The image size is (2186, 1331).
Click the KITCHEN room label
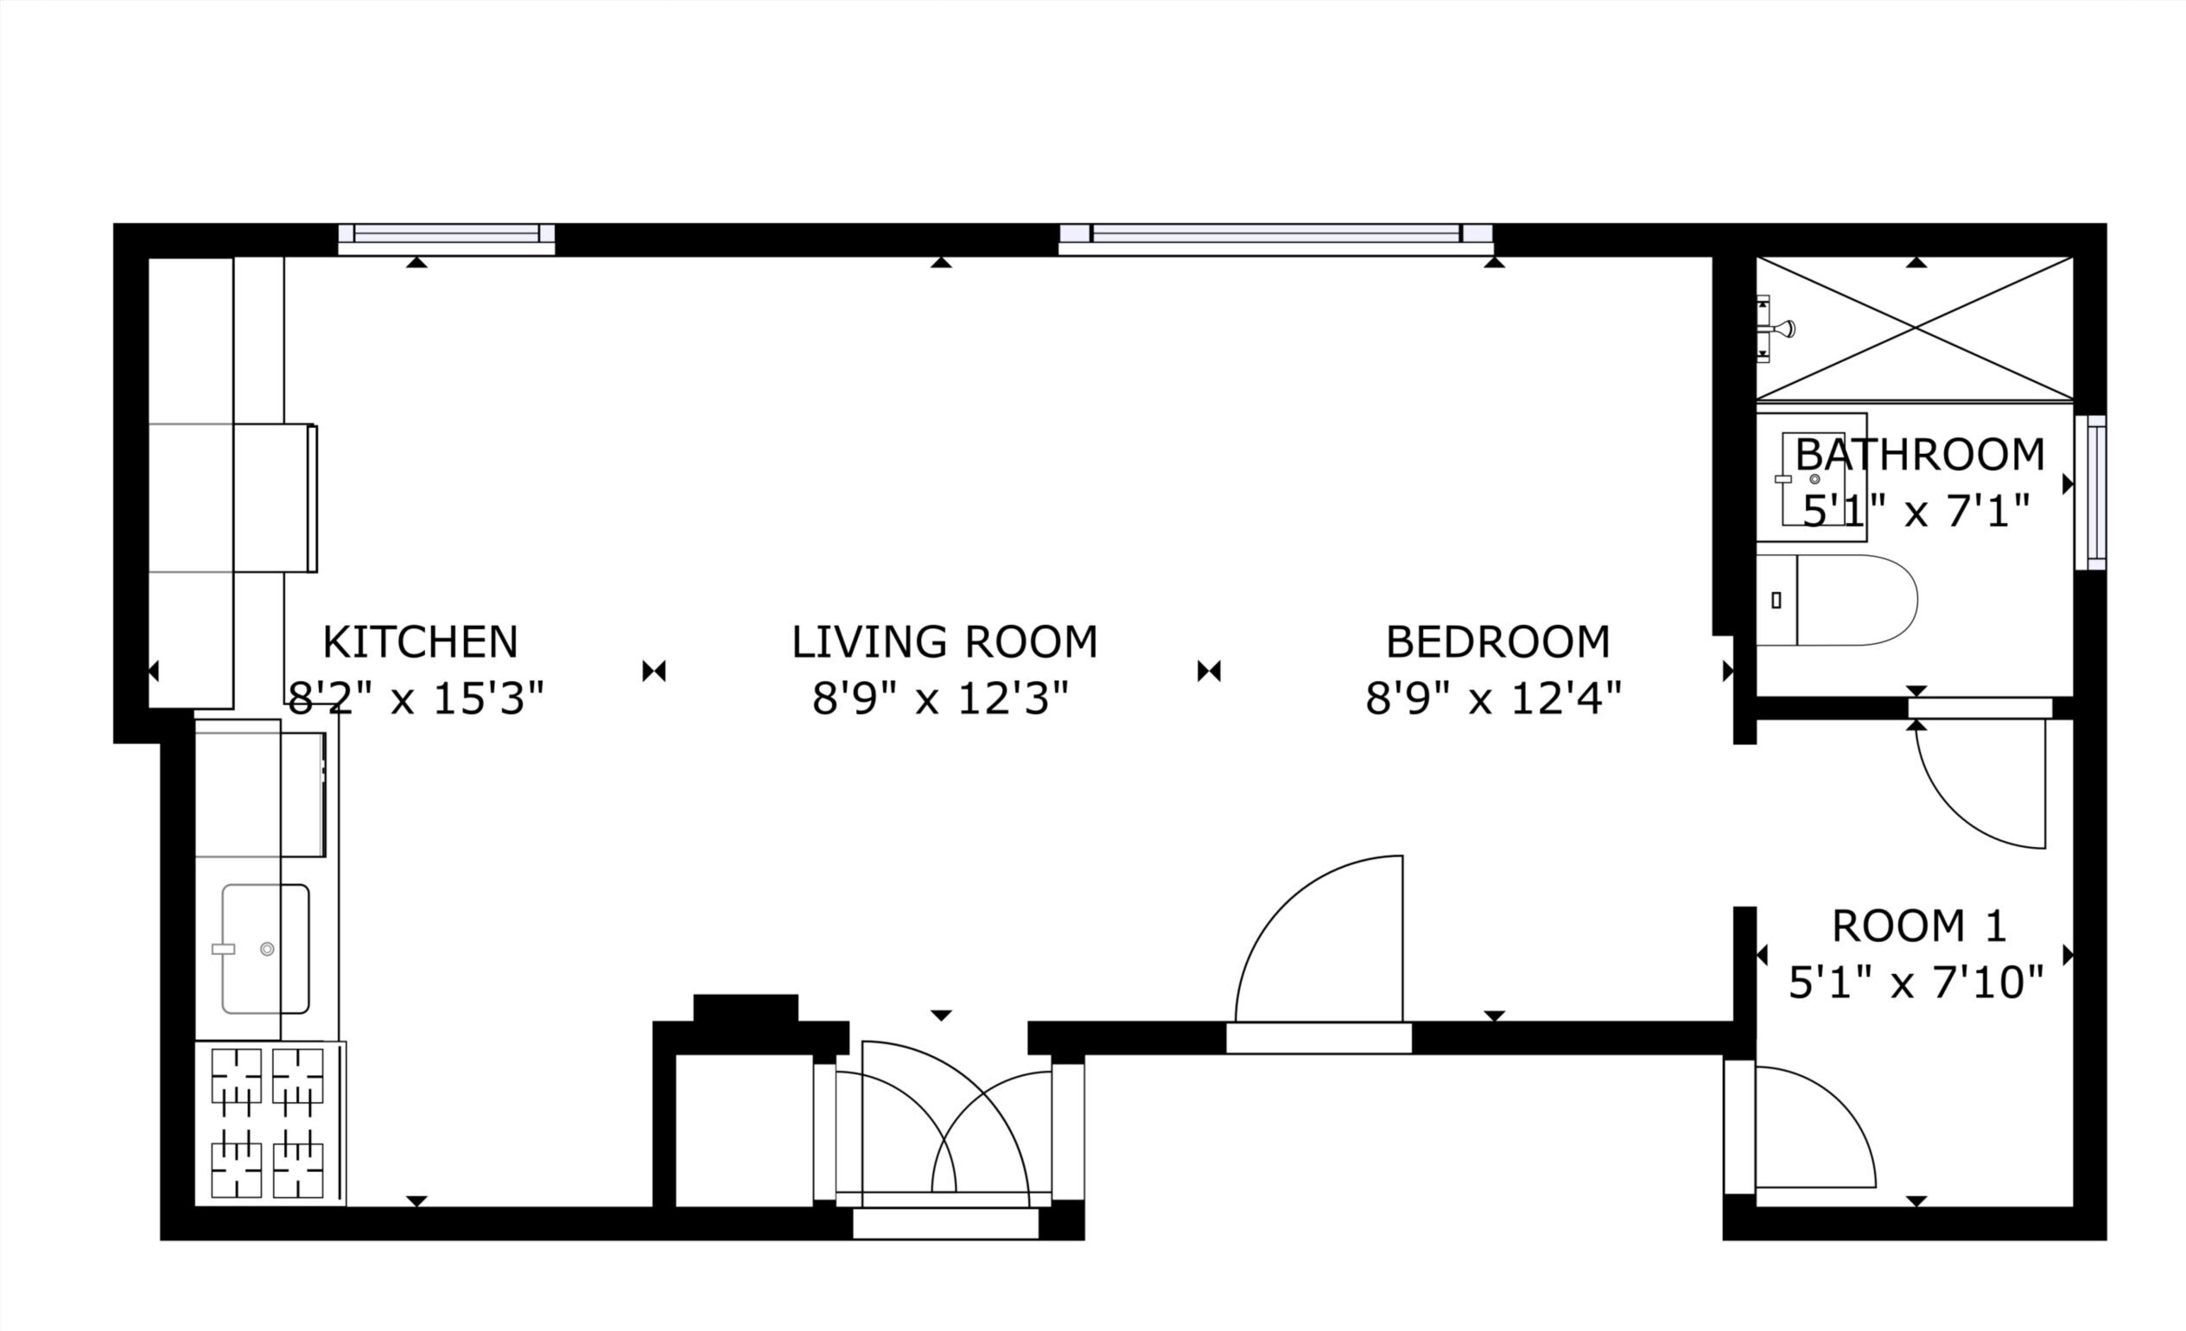(420, 642)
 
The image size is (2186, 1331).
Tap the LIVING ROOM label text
(944, 642)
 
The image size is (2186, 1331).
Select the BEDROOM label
(1497, 642)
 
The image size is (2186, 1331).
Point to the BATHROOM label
(1920, 455)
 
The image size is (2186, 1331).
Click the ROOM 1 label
(1919, 927)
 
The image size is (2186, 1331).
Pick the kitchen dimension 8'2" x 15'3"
(416, 699)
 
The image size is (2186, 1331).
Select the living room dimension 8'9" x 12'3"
(940, 699)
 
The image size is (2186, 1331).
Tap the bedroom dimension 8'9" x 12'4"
(1494, 699)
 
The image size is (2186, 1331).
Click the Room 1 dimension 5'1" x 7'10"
(1916, 984)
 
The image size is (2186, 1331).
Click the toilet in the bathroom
(1836, 600)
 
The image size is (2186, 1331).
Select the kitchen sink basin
(265, 949)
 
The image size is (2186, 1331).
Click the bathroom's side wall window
(2091, 493)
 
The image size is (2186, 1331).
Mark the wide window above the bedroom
(1276, 239)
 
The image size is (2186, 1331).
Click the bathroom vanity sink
(1813, 478)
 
